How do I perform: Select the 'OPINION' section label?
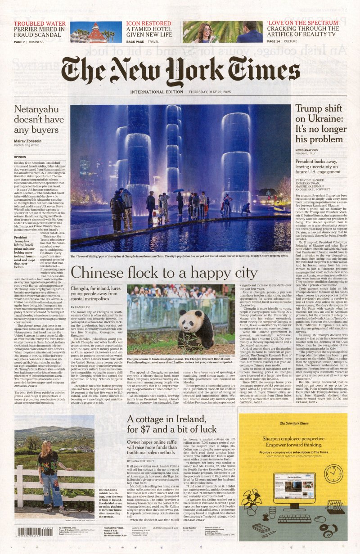(23, 157)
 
